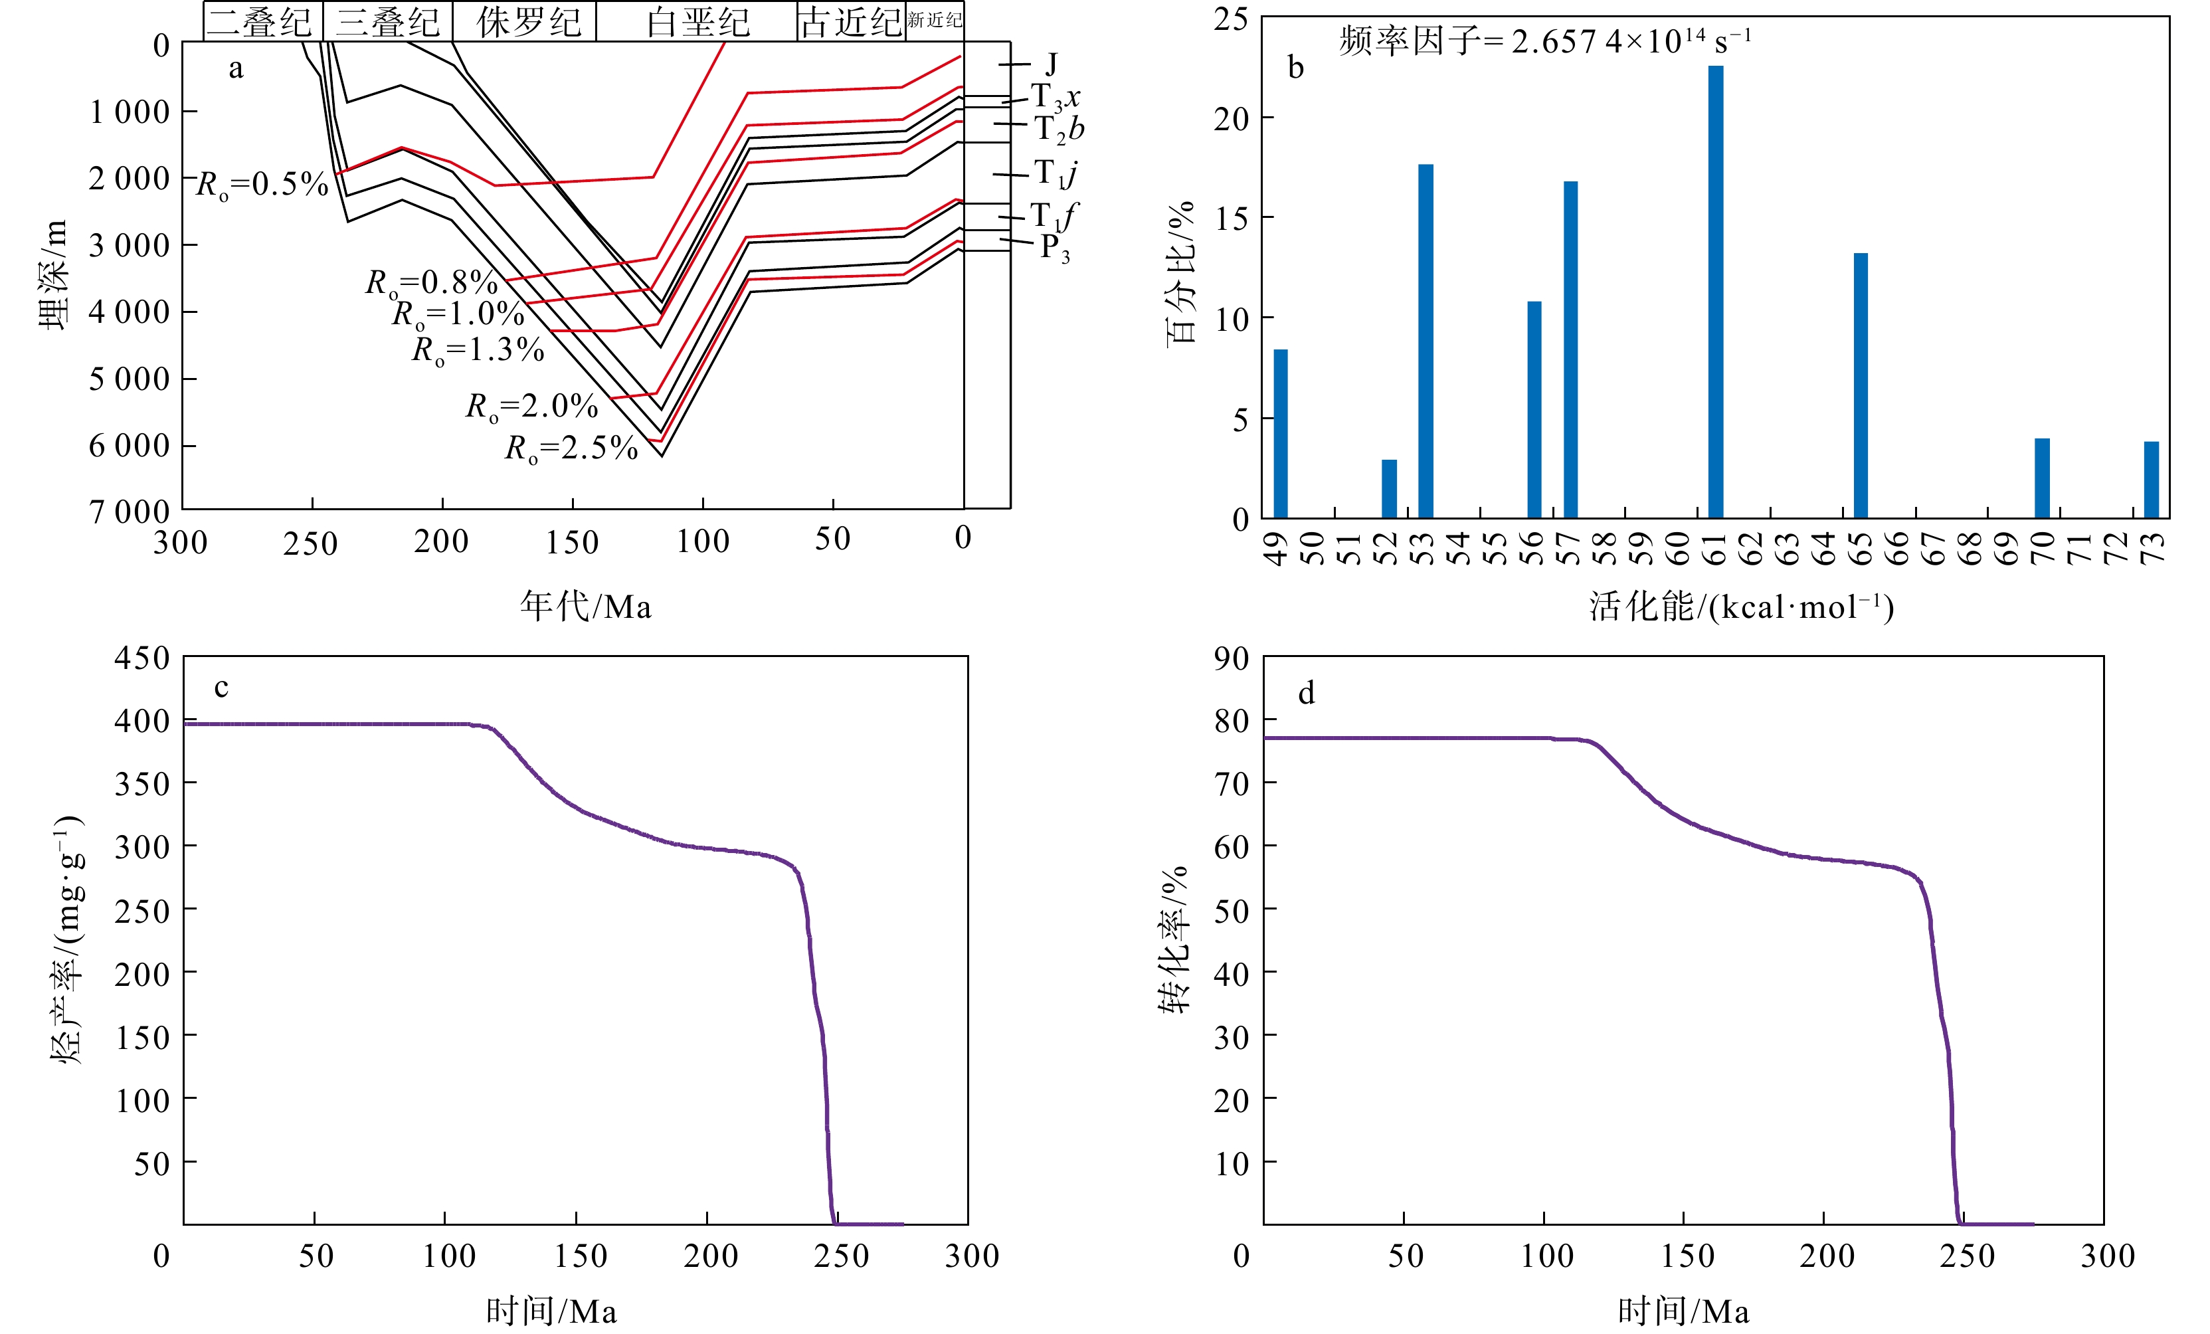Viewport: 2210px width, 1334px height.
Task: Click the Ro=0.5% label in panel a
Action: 262,185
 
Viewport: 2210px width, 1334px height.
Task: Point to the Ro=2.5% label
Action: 571,448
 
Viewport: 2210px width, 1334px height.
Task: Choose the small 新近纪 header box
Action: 934,21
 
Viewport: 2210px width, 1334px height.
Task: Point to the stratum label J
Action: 1051,64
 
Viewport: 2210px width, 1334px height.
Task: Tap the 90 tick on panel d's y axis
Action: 1232,658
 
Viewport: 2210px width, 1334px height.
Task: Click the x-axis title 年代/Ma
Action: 586,607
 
